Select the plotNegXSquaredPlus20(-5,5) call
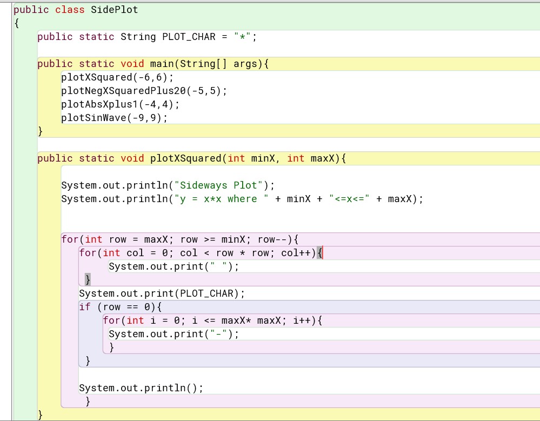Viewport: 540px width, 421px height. (144, 91)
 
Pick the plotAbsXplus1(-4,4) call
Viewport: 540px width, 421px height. (120, 104)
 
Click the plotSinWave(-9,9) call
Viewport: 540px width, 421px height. (114, 118)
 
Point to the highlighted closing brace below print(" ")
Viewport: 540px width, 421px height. (88, 279)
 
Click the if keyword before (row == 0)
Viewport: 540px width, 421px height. (85, 307)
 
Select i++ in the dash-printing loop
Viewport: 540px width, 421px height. (302, 320)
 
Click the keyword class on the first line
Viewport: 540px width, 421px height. (70, 10)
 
